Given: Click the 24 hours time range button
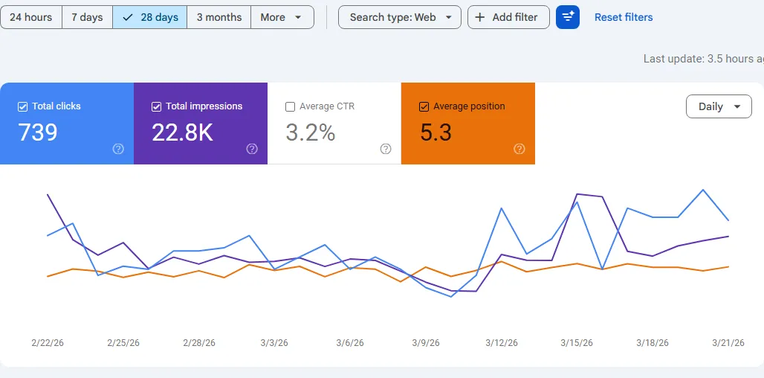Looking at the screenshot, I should pos(30,17).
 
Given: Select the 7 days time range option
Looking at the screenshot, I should pos(87,17).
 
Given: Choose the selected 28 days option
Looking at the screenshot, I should pos(150,17).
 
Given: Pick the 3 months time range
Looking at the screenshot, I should pos(218,17).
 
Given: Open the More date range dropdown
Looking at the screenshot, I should pos(282,17).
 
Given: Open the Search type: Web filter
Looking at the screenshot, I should pos(399,17).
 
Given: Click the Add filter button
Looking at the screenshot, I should pos(508,17).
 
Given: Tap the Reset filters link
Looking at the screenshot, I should pos(624,17).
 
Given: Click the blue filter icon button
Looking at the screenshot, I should pos(568,17).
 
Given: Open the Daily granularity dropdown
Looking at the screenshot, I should pos(719,106).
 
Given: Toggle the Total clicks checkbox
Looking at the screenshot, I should pos(22,106).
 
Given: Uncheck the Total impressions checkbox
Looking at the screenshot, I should pos(156,106).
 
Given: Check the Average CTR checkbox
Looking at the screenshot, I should pos(290,106).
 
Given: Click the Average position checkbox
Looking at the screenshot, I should pos(424,106).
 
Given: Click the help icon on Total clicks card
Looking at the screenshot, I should pos(118,149).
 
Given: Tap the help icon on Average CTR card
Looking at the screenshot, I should pos(386,149).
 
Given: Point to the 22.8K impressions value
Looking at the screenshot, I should pos(182,132).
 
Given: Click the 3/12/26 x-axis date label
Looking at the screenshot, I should pos(501,343).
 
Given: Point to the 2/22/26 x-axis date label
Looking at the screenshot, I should pos(48,343).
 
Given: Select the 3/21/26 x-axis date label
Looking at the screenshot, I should pos(728,343).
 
